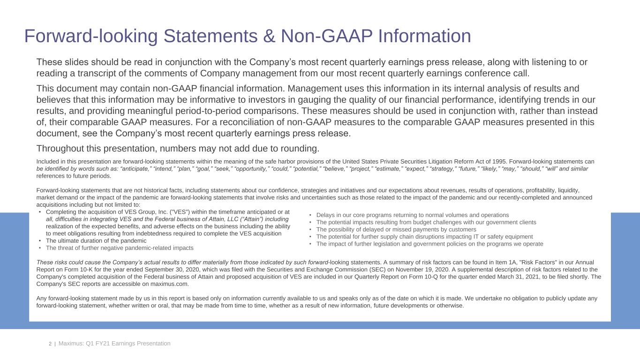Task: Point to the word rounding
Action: [300, 149]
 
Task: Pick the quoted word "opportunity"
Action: [256, 168]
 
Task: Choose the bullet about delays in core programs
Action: [412, 215]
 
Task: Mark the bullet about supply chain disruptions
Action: [424, 237]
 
